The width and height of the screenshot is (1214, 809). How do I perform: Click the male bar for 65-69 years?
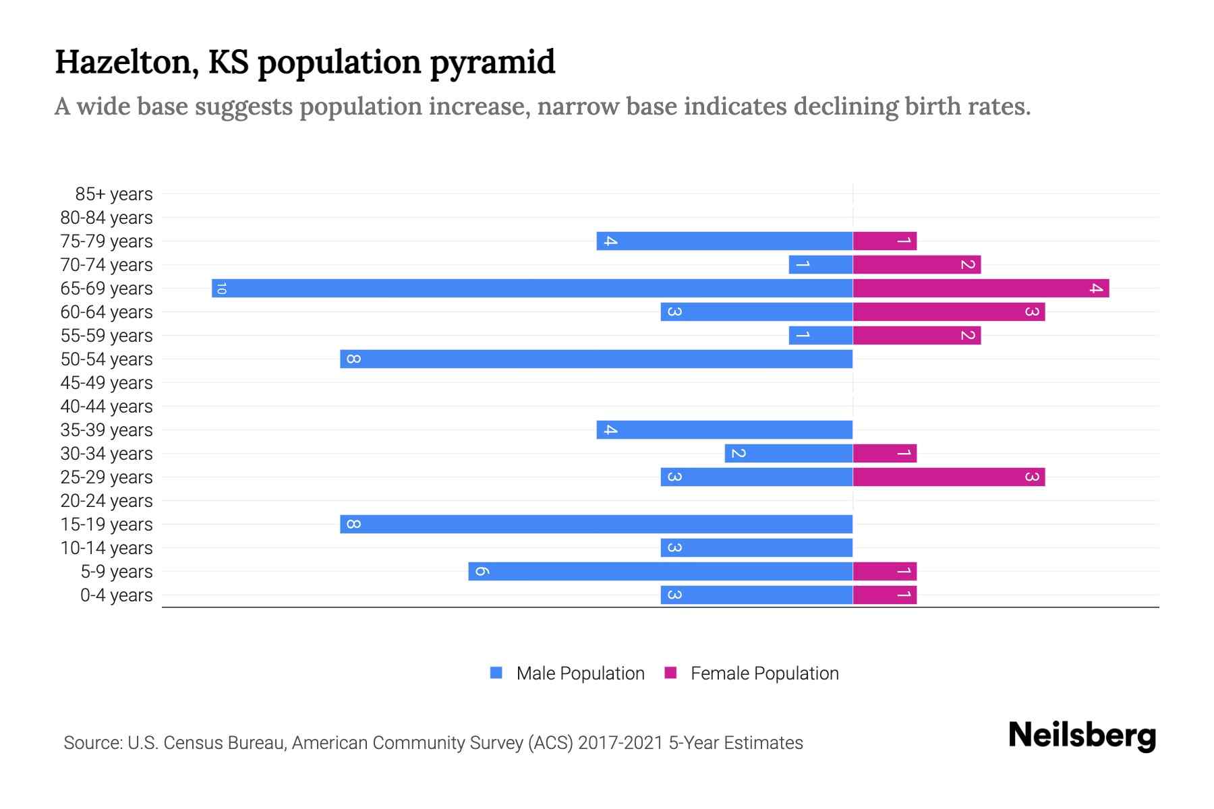(532, 289)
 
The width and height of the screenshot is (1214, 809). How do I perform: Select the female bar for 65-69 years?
(981, 289)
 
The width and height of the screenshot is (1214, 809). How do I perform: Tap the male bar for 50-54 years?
(596, 359)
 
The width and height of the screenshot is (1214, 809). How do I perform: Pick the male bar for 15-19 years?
(596, 525)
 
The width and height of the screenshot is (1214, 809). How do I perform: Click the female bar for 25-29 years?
(949, 477)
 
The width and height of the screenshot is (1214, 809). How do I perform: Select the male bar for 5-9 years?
(660, 572)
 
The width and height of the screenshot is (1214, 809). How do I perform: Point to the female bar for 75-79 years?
(885, 241)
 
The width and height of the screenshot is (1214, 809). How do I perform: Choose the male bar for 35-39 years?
(724, 430)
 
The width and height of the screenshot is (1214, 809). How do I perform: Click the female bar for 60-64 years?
(949, 312)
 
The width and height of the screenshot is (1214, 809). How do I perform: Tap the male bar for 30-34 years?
(788, 454)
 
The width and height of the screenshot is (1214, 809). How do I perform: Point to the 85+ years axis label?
(114, 194)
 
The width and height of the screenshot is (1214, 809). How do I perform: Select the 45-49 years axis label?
(107, 383)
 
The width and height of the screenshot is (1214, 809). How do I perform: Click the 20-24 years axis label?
(107, 501)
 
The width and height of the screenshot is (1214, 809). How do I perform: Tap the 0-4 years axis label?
(116, 595)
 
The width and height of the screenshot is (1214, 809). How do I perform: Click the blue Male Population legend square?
(496, 673)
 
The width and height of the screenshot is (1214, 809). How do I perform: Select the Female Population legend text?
(764, 673)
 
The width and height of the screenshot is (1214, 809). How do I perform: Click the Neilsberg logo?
(1082, 735)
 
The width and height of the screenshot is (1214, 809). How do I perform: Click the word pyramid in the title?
(492, 63)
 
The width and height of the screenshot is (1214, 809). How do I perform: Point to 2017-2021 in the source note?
(620, 743)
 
